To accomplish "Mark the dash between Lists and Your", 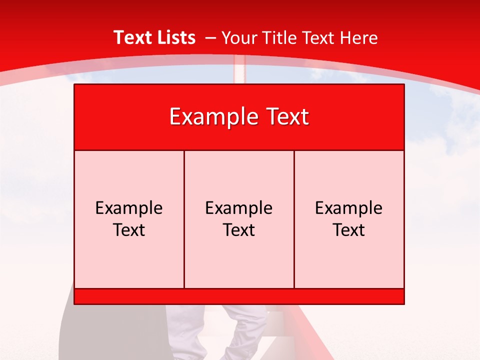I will pyautogui.click(x=210, y=38).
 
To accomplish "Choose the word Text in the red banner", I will pyautogui.click(x=286, y=117).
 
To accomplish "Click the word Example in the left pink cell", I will pyautogui.click(x=129, y=208).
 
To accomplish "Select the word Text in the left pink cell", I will pyautogui.click(x=129, y=230).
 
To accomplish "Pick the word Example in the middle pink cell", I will pyautogui.click(x=239, y=208).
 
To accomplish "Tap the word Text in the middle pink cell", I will pyautogui.click(x=239, y=230).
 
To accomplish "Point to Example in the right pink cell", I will pyautogui.click(x=348, y=208).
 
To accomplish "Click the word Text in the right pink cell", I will pyautogui.click(x=348, y=230).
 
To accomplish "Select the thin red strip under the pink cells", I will pyautogui.click(x=239, y=296).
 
